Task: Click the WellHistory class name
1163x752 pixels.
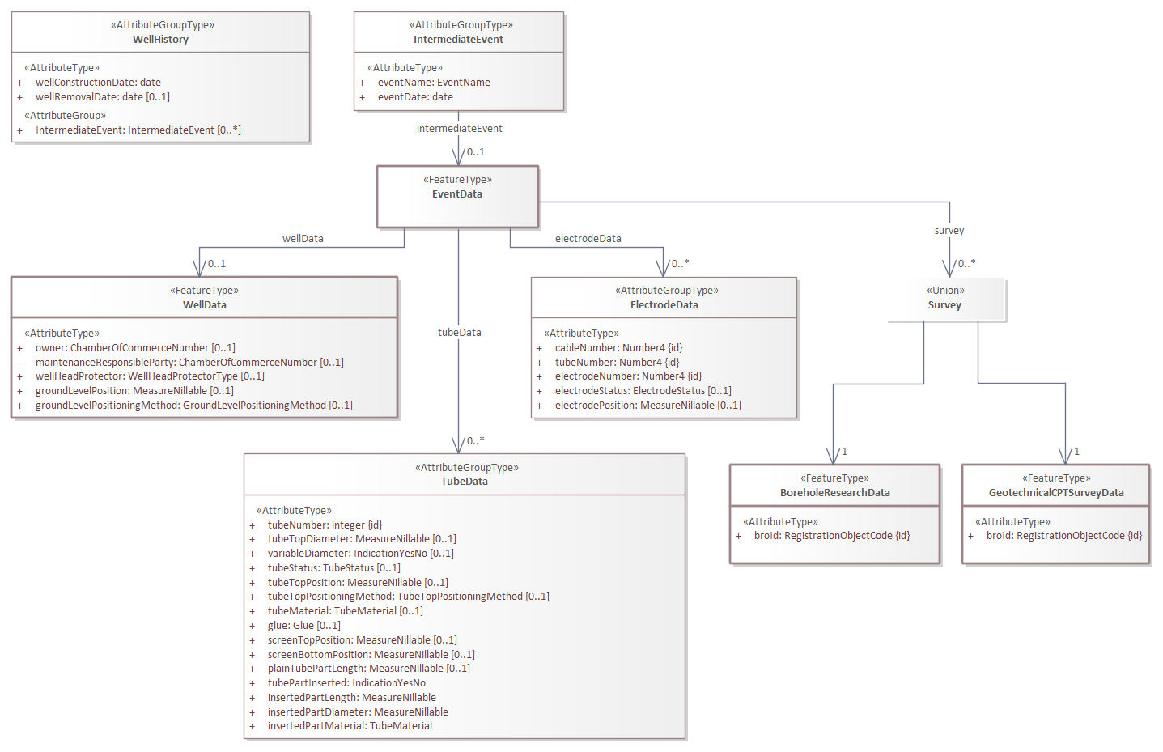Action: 160,40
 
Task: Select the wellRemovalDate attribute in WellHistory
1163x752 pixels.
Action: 102,97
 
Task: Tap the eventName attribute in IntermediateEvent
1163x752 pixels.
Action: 433,83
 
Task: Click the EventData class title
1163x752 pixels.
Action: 457,194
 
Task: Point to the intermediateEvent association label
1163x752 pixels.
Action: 459,129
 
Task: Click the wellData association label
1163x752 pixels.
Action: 303,239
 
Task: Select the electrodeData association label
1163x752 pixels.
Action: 588,239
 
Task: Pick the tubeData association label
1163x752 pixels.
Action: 459,333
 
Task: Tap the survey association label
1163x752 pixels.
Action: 949,231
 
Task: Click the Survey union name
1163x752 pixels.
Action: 944,305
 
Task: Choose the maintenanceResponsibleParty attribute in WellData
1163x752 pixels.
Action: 189,363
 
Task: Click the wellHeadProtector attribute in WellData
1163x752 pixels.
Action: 150,376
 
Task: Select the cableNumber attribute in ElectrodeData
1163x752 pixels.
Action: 618,348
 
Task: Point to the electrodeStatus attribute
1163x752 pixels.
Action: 643,391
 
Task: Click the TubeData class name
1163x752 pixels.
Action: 465,482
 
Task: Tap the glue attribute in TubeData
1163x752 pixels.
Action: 303,626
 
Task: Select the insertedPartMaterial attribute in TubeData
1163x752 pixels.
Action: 350,726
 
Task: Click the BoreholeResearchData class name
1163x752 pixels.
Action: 834,493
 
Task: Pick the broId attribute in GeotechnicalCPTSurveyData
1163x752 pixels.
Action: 1063,536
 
